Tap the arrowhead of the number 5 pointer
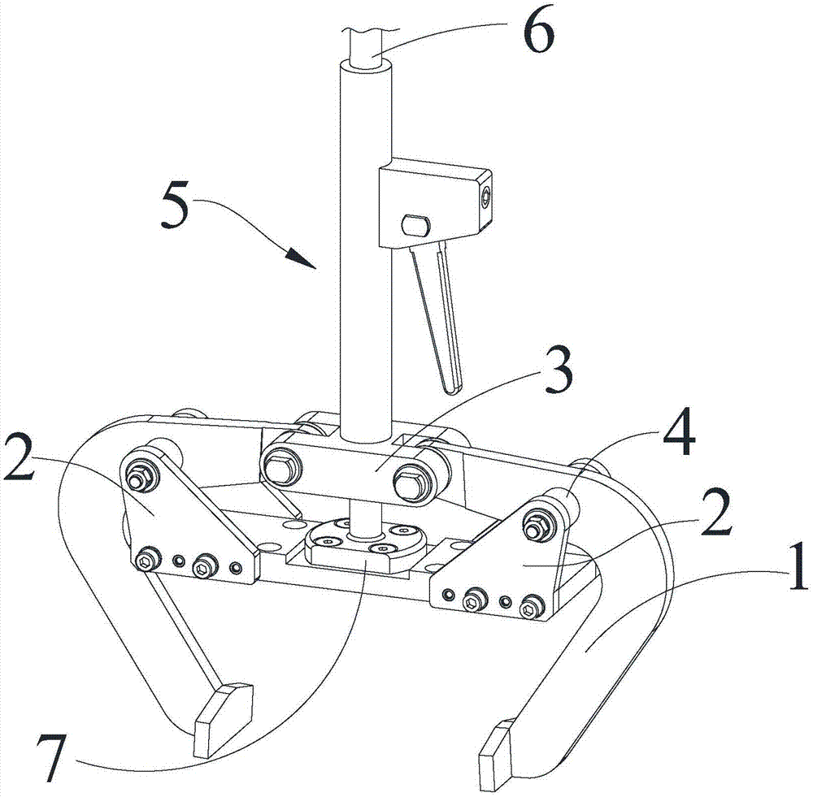tap(300, 258)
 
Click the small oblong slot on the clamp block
tap(416, 225)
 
